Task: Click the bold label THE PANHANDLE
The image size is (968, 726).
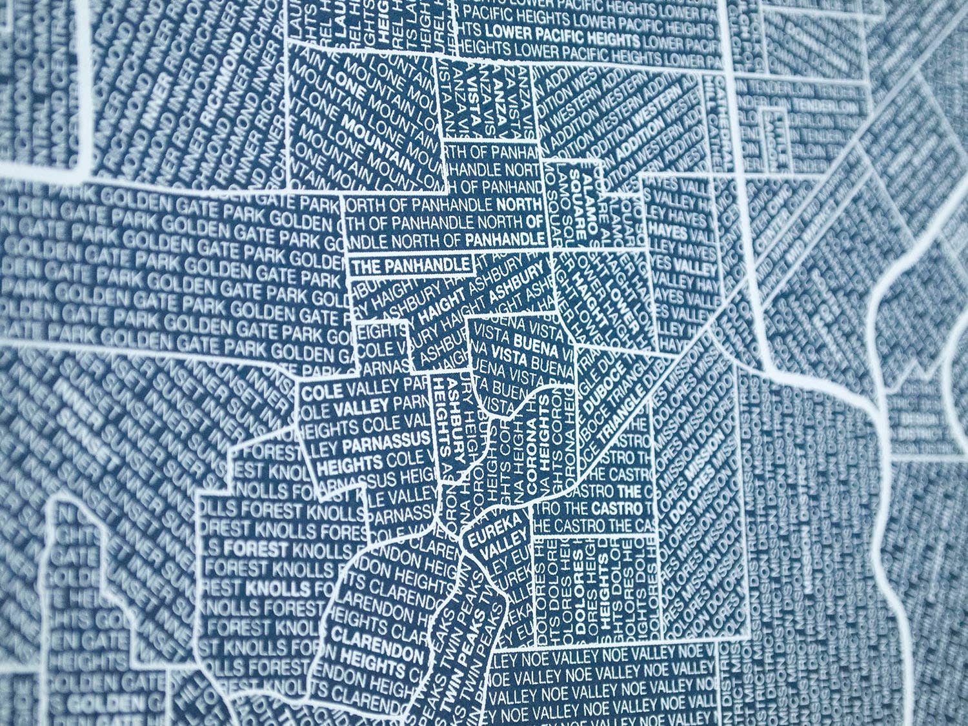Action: [x=410, y=265]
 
